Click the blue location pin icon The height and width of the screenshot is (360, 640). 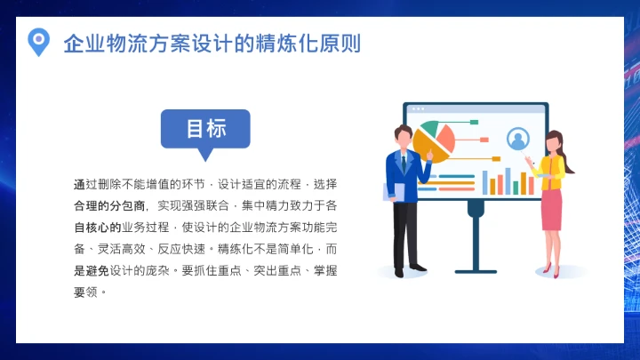37,41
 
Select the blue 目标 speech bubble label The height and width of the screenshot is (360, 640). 205,129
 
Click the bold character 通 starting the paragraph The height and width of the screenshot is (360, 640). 79,184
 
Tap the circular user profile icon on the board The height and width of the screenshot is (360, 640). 516,139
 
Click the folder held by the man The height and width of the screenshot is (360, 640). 392,191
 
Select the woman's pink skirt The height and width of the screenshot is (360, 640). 552,209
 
